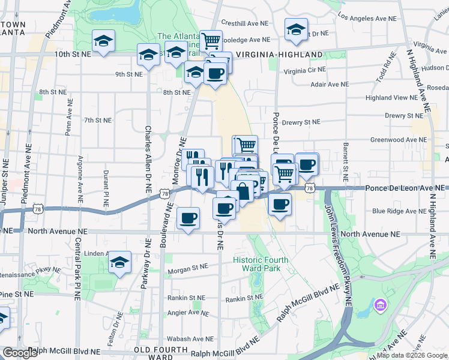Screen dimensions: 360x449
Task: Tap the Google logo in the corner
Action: pos(20,353)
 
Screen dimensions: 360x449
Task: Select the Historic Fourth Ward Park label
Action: pos(261,263)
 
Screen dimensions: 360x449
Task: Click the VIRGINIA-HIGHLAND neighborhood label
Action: pos(279,55)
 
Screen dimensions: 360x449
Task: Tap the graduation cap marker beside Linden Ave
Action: pos(120,262)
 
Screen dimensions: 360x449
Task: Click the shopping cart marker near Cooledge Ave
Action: pos(211,41)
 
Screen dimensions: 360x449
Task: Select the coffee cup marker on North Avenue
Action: pos(188,217)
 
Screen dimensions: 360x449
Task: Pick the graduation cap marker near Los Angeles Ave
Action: pos(297,29)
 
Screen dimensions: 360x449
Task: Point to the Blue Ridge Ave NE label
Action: pos(397,211)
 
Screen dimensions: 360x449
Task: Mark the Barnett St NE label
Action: pos(346,162)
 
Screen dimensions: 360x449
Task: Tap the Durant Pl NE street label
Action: pos(106,188)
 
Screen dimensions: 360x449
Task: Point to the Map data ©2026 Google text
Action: pos(412,355)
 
